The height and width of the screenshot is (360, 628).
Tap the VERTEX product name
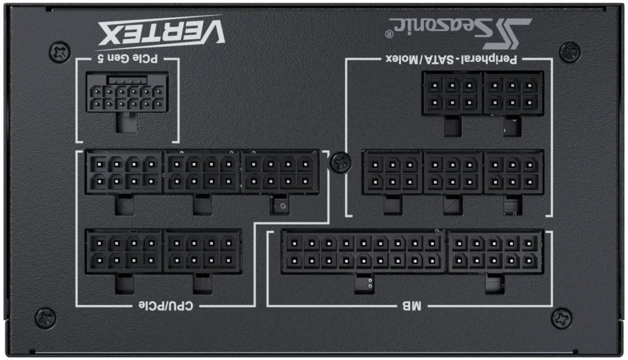(161, 33)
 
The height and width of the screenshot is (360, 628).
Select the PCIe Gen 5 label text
(128, 58)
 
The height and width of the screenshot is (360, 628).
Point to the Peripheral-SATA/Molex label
(452, 59)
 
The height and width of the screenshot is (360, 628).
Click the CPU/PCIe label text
(166, 306)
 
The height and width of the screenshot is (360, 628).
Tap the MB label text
(412, 306)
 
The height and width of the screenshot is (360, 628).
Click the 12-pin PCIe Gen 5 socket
(127, 92)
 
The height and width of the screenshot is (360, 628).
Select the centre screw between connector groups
(340, 162)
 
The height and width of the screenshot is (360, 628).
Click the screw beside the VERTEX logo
(60, 52)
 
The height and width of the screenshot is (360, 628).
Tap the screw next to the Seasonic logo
(569, 52)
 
